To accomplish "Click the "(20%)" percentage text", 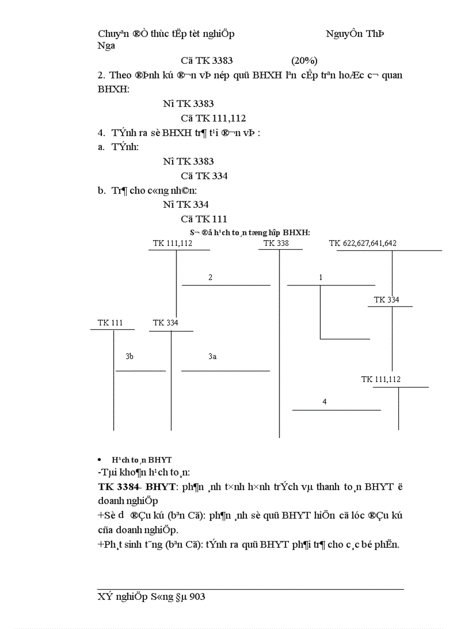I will coord(304,60).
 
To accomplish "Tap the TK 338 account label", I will coord(276,244).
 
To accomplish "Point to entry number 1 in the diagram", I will coord(321,278).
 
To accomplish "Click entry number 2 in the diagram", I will coord(211,278).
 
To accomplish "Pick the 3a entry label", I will coord(212,357).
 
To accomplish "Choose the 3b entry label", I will coord(129,357).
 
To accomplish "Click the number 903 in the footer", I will coord(198,598).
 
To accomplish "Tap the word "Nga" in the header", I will coord(106,46).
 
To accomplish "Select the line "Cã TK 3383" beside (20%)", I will coord(207,60).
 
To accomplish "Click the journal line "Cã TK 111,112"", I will coord(213,118).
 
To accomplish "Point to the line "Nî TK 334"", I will coord(186,204).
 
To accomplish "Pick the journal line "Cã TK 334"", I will coord(204,176).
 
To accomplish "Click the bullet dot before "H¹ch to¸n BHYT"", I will coord(100,460).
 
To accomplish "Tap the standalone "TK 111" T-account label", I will coord(110,323).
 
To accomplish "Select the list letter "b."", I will coord(101,190).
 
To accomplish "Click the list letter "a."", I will coord(101,147).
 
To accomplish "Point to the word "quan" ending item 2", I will coord(391,75).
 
